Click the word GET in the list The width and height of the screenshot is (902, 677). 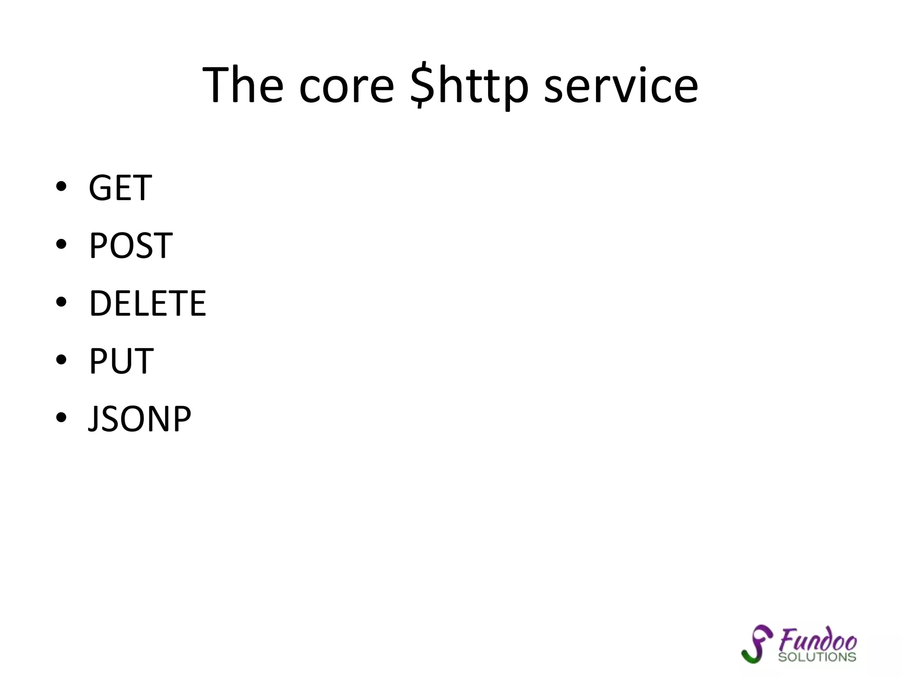[x=120, y=188]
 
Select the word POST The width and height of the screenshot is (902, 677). [x=131, y=246]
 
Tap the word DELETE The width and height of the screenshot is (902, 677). [x=148, y=304]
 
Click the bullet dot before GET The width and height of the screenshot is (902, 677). [x=61, y=186]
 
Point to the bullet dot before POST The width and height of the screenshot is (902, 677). [x=61, y=244]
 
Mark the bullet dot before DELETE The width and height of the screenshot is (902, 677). [x=61, y=302]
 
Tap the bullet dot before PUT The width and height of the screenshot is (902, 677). [x=61, y=360]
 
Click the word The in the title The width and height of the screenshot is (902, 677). [x=243, y=85]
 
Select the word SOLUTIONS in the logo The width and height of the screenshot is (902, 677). [x=817, y=657]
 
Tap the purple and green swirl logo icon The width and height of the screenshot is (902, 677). [x=757, y=644]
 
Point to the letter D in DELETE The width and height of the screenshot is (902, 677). [x=100, y=304]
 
